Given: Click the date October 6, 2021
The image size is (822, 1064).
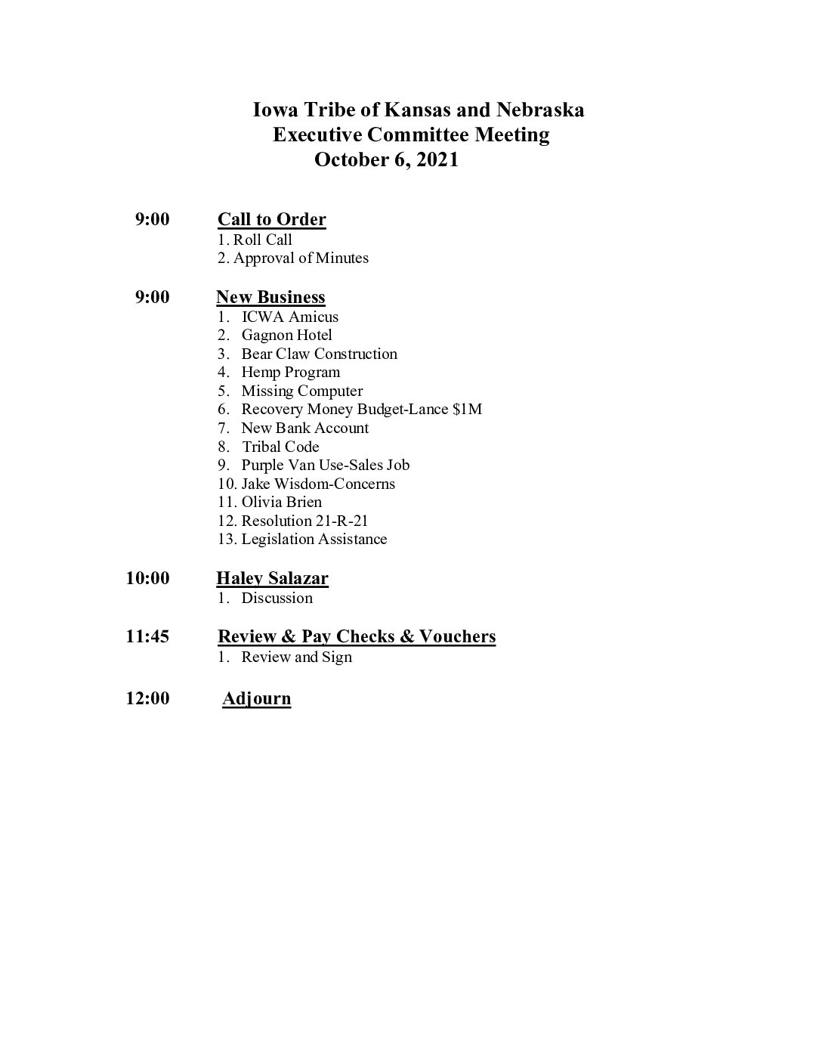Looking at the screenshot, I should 386,160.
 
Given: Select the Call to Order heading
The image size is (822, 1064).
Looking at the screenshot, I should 272,220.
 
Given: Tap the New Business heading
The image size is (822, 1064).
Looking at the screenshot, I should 270,297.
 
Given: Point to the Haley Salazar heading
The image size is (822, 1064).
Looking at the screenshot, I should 272,579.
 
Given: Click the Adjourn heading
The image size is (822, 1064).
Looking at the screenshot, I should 257,698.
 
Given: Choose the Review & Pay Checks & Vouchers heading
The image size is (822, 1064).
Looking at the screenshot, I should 357,636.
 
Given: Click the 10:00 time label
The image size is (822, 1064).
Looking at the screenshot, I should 148,579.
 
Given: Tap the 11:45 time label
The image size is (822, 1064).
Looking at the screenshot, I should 148,636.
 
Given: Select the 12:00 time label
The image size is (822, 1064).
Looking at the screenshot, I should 148,698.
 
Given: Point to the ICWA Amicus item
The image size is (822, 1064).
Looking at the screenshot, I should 289,317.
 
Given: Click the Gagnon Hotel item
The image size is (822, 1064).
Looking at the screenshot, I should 286,335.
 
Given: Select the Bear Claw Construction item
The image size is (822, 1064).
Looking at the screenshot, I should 319,354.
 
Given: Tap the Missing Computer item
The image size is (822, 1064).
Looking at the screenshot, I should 301,391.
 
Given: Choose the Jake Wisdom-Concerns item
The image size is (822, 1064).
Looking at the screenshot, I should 318,484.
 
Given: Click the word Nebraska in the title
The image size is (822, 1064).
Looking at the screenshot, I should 540,110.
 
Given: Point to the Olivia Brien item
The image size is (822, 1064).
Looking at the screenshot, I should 281,502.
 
